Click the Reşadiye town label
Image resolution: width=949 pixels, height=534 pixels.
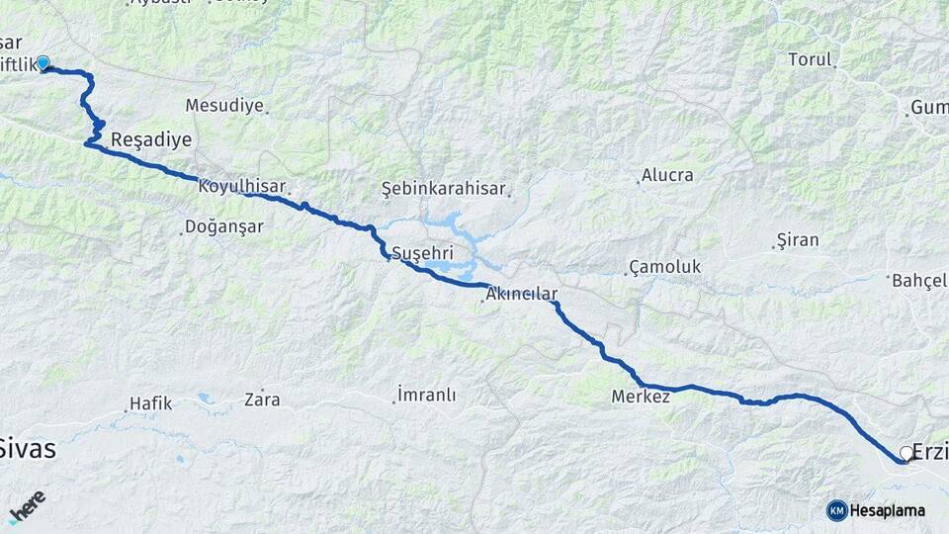[151, 139]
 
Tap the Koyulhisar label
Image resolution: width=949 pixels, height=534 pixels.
[241, 186]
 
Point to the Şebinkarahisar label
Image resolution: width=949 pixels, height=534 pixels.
[443, 188]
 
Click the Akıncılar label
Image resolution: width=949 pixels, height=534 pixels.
[522, 294]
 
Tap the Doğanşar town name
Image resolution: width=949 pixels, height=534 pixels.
[225, 226]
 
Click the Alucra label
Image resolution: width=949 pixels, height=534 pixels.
[667, 175]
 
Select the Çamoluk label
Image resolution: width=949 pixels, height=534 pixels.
[664, 267]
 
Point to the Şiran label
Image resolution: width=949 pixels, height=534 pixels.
[798, 240]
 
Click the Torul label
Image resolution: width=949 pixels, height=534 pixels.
[810, 59]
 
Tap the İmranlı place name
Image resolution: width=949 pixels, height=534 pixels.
[426, 395]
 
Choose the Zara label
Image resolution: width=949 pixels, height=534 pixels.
[262, 400]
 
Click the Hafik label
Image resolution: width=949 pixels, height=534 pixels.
[149, 403]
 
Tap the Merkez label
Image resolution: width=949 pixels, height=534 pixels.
[641, 397]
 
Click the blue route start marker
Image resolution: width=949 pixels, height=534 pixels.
[43, 63]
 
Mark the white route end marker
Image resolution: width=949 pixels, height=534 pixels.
[906, 453]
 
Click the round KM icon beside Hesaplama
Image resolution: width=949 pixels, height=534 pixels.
[836, 510]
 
